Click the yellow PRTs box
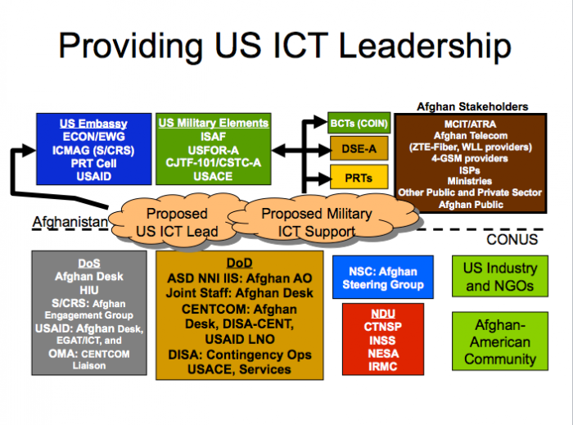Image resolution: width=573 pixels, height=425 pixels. (x=359, y=177)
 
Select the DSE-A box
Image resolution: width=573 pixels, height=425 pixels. (x=359, y=148)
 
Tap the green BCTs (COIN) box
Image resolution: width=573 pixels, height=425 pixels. (x=359, y=123)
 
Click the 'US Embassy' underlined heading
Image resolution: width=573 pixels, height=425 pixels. (x=93, y=124)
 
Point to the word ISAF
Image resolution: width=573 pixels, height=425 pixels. (x=213, y=137)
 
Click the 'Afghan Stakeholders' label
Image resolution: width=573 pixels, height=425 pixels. (x=472, y=106)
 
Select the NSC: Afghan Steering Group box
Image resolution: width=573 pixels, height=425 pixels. (x=383, y=278)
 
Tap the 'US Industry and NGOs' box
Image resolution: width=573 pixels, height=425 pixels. (x=500, y=276)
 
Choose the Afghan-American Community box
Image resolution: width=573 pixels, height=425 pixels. (x=500, y=341)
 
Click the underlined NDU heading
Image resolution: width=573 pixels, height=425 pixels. (x=383, y=314)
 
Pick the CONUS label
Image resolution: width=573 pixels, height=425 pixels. (x=512, y=240)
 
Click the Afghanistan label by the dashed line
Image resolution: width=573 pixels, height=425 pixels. (x=70, y=222)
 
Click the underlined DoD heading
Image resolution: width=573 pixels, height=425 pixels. (x=239, y=263)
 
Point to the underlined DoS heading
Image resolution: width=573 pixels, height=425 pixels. (x=89, y=263)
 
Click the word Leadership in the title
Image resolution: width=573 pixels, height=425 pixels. (x=425, y=46)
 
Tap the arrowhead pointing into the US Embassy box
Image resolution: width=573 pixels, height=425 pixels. (x=29, y=150)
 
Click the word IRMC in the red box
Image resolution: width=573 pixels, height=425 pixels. (x=382, y=366)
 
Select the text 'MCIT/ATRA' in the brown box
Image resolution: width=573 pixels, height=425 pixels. (x=471, y=124)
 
